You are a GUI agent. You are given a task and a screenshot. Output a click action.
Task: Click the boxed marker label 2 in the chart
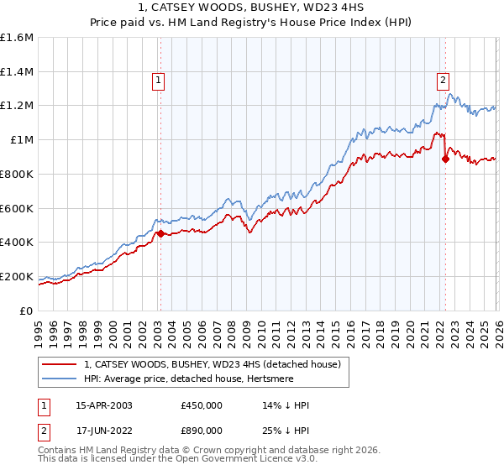[x=443, y=81]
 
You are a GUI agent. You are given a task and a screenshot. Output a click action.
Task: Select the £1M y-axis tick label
[x=21, y=140]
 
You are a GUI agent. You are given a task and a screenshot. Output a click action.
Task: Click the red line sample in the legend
[x=60, y=365]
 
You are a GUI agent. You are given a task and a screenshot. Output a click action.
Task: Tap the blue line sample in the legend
[x=60, y=379]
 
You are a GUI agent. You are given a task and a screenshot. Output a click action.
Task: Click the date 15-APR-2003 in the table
[x=103, y=405]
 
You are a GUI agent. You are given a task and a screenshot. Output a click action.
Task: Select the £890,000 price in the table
[x=201, y=431]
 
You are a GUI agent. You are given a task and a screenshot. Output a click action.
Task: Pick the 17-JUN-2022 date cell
[x=103, y=431]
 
